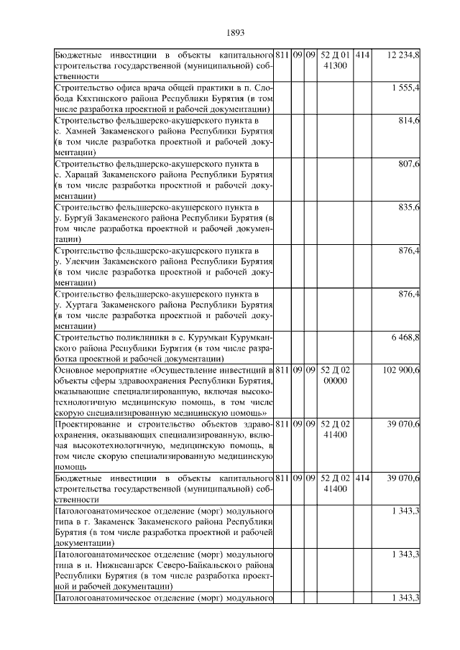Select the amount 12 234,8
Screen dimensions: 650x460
click(x=404, y=55)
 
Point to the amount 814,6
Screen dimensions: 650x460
click(x=410, y=121)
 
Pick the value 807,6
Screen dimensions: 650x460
click(x=410, y=164)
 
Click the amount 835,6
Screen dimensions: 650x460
click(x=410, y=207)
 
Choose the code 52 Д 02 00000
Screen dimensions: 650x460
click(x=335, y=374)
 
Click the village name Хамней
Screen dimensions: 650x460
click(x=80, y=132)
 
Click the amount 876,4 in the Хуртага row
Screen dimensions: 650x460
click(x=410, y=294)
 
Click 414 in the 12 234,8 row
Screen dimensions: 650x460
click(x=362, y=55)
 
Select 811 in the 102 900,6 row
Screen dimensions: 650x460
click(x=282, y=369)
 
